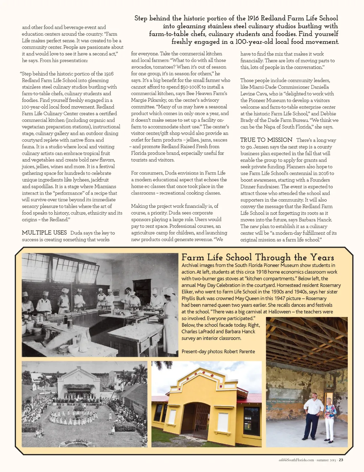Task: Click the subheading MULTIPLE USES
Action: [x=44, y=233]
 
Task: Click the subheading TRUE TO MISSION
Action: [x=266, y=140]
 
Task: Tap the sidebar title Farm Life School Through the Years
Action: [x=258, y=257]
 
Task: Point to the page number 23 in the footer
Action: [x=341, y=460]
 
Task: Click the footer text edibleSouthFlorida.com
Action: [x=296, y=460]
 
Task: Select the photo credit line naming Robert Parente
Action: [x=218, y=352]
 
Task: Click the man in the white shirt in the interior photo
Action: [x=314, y=416]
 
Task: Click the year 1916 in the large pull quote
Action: [x=253, y=18]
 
